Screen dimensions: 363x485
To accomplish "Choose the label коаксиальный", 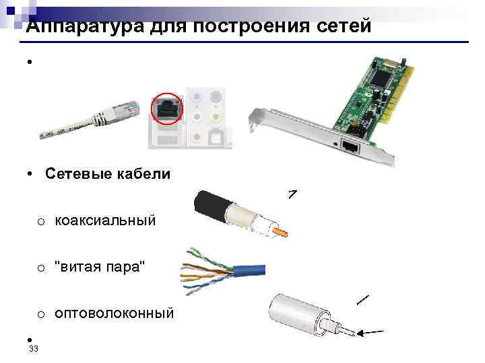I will tap(105, 220).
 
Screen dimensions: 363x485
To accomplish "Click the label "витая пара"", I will tap(100, 267).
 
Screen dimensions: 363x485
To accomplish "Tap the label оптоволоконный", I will tap(114, 313).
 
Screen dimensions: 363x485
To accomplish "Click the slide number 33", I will tap(34, 349).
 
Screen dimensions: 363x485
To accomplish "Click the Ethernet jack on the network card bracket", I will tap(350, 146).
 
